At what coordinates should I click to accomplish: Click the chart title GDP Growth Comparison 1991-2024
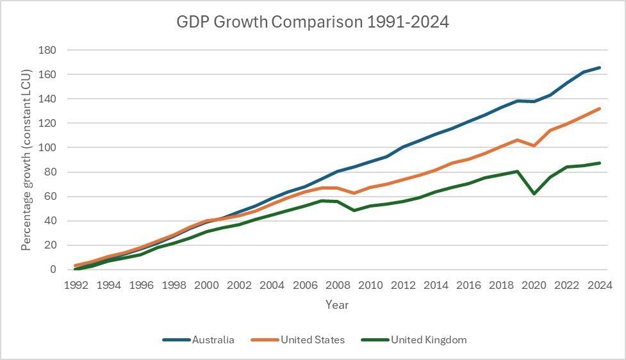coord(313,23)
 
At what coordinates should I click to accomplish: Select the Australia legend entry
coord(213,340)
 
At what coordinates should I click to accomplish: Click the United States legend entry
coord(312,340)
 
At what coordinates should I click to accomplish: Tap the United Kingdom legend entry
coord(428,340)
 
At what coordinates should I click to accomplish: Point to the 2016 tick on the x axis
coord(468,285)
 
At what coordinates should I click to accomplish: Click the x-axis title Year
coord(337,305)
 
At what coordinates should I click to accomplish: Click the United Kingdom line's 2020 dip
coord(532,193)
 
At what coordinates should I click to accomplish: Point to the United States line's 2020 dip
coord(532,146)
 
